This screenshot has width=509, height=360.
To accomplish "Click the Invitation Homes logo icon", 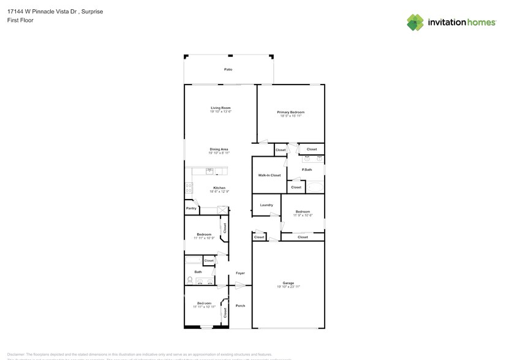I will [x=415, y=23].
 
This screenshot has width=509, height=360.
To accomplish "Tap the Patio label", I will [x=228, y=69].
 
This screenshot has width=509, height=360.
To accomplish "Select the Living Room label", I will [x=221, y=108].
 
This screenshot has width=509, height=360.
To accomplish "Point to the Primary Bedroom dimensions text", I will [x=290, y=116].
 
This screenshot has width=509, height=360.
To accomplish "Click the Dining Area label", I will [x=219, y=149].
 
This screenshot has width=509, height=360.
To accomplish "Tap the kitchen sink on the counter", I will [x=209, y=171].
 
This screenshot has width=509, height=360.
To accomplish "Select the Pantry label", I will [x=191, y=208].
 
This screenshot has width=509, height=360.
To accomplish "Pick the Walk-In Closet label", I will [x=269, y=175].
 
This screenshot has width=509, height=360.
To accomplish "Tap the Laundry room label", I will [x=266, y=204].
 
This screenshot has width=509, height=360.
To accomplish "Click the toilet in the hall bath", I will [x=190, y=280].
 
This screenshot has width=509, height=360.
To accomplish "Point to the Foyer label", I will [x=240, y=273].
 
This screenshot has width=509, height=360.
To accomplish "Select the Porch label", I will [x=240, y=306].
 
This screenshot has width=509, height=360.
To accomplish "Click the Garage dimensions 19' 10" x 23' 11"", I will [x=288, y=287].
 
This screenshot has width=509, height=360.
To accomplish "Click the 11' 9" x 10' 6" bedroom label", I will [x=303, y=215].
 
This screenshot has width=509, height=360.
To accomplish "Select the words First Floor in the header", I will [x=20, y=20].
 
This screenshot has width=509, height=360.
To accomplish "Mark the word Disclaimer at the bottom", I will [x=16, y=354].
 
